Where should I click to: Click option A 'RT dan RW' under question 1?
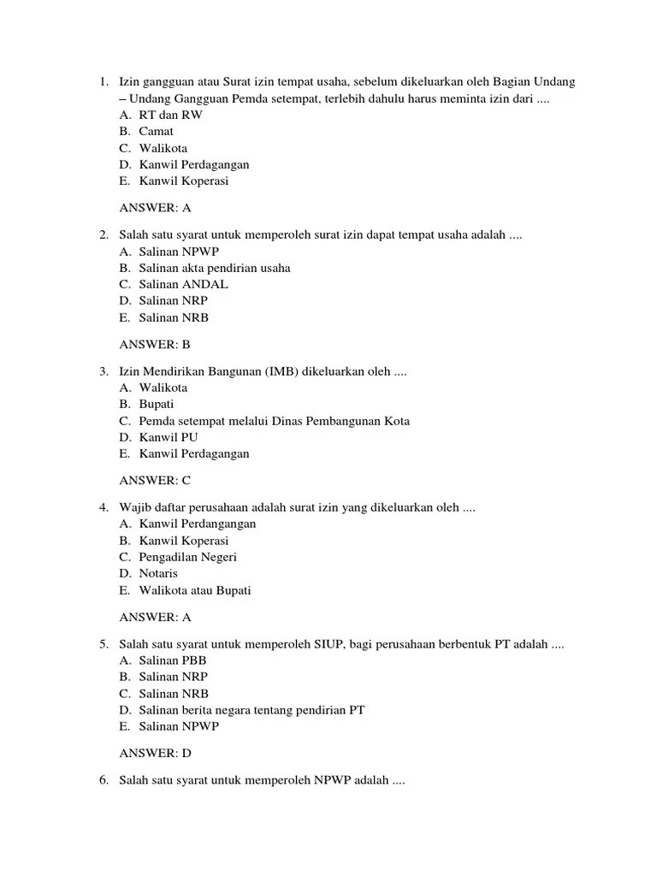(170, 115)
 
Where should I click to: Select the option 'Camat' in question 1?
(156, 131)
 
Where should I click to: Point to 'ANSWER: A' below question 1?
(155, 207)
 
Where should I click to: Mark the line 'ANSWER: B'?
(155, 344)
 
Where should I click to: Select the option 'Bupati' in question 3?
(157, 404)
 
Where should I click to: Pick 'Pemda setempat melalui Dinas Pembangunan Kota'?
(274, 421)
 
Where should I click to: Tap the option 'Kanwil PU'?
(169, 437)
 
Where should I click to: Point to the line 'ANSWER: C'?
(155, 480)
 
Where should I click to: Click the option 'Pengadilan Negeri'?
(187, 557)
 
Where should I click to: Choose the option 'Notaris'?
(158, 573)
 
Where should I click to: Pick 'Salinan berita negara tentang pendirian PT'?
(252, 710)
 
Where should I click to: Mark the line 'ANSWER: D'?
(155, 753)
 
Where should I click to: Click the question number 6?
(103, 780)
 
